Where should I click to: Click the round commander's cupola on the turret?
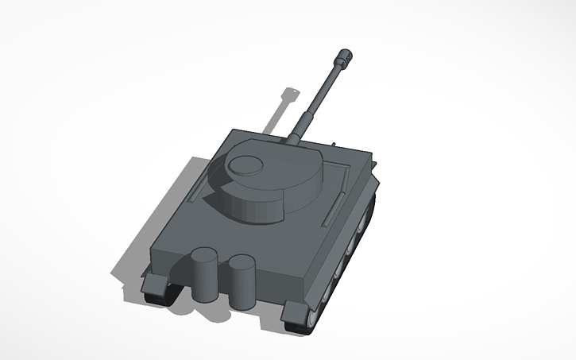(x=245, y=165)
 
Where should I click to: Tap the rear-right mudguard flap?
(x=298, y=311)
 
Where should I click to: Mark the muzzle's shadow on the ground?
(x=291, y=94)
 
